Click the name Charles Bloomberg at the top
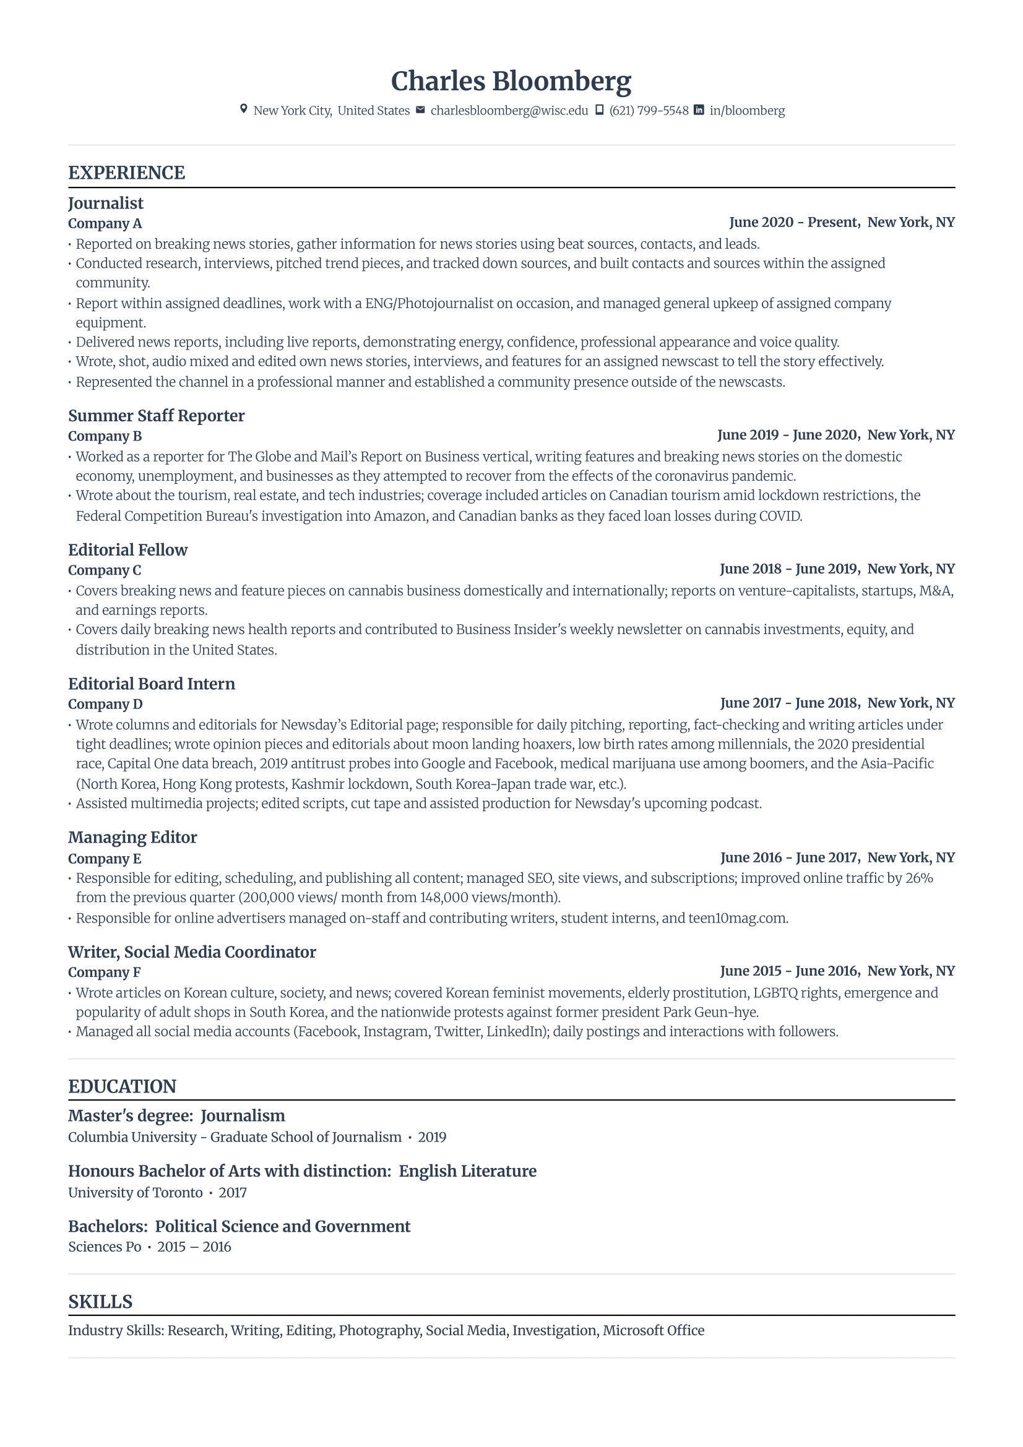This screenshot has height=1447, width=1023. [x=511, y=81]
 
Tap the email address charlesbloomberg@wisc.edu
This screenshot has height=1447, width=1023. [x=509, y=111]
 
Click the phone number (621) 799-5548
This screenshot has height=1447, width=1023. [x=649, y=111]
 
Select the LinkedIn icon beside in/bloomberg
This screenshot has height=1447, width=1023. [x=698, y=110]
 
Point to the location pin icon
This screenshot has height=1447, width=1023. [x=244, y=109]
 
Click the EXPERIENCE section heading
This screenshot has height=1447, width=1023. [x=127, y=173]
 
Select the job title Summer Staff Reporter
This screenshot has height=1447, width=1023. [x=157, y=416]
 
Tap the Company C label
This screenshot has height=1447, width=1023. [x=105, y=570]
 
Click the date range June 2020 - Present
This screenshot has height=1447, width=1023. [x=793, y=223]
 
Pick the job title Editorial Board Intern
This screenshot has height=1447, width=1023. [x=151, y=684]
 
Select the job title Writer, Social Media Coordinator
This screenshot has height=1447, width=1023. [x=192, y=952]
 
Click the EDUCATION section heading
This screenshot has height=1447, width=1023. [x=123, y=1086]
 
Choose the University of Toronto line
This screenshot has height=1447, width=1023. [x=136, y=1192]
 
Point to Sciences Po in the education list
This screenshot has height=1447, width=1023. [x=105, y=1247]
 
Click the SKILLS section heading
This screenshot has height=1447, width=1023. [x=100, y=1302]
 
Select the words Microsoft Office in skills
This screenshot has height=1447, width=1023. [x=653, y=1331]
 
